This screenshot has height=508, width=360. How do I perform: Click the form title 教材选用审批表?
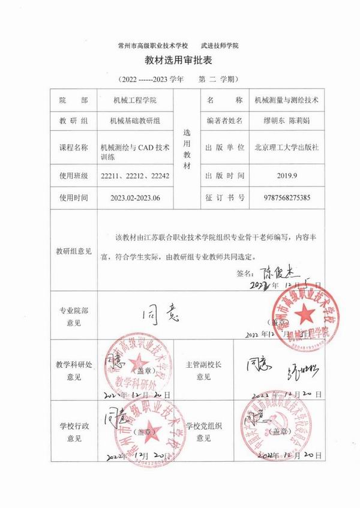coord(179,61)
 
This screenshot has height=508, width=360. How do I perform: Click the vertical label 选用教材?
coord(186,148)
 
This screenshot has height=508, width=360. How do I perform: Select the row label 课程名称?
coord(74,148)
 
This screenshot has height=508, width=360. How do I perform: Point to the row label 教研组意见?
coord(74,251)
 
